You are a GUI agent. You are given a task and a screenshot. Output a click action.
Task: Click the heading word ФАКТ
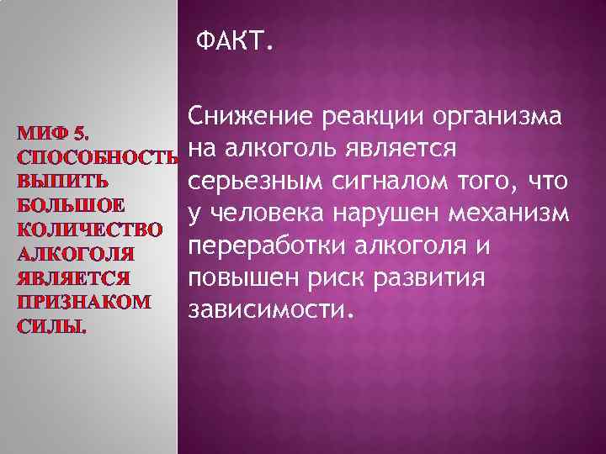coord(234,41)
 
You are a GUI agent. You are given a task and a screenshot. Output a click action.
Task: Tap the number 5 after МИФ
coord(80,132)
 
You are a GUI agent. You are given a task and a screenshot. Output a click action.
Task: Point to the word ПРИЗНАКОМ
coord(79,301)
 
